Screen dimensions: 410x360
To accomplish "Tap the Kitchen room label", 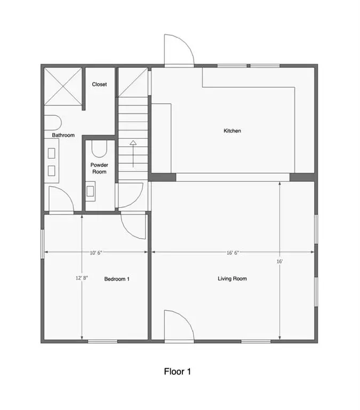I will click(x=232, y=131).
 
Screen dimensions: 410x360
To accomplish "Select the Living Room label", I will click(x=232, y=279).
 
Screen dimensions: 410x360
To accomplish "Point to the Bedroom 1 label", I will click(x=117, y=279).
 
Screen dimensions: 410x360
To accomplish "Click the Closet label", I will click(x=99, y=84).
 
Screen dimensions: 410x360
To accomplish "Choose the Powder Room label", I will click(x=99, y=168).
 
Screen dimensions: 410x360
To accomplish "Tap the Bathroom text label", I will click(x=63, y=136).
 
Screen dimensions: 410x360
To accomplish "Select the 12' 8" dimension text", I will click(x=82, y=278).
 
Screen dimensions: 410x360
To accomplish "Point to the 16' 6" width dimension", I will click(x=232, y=253).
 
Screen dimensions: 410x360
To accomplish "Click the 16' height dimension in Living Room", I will click(x=279, y=262).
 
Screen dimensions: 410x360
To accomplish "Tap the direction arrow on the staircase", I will click(x=133, y=153).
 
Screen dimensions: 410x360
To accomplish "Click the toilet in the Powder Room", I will click(x=99, y=148).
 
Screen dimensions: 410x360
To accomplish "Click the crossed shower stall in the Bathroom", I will click(x=62, y=86).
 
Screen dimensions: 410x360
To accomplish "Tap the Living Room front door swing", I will click(x=178, y=326).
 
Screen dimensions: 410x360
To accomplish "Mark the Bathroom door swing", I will click(x=60, y=200).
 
